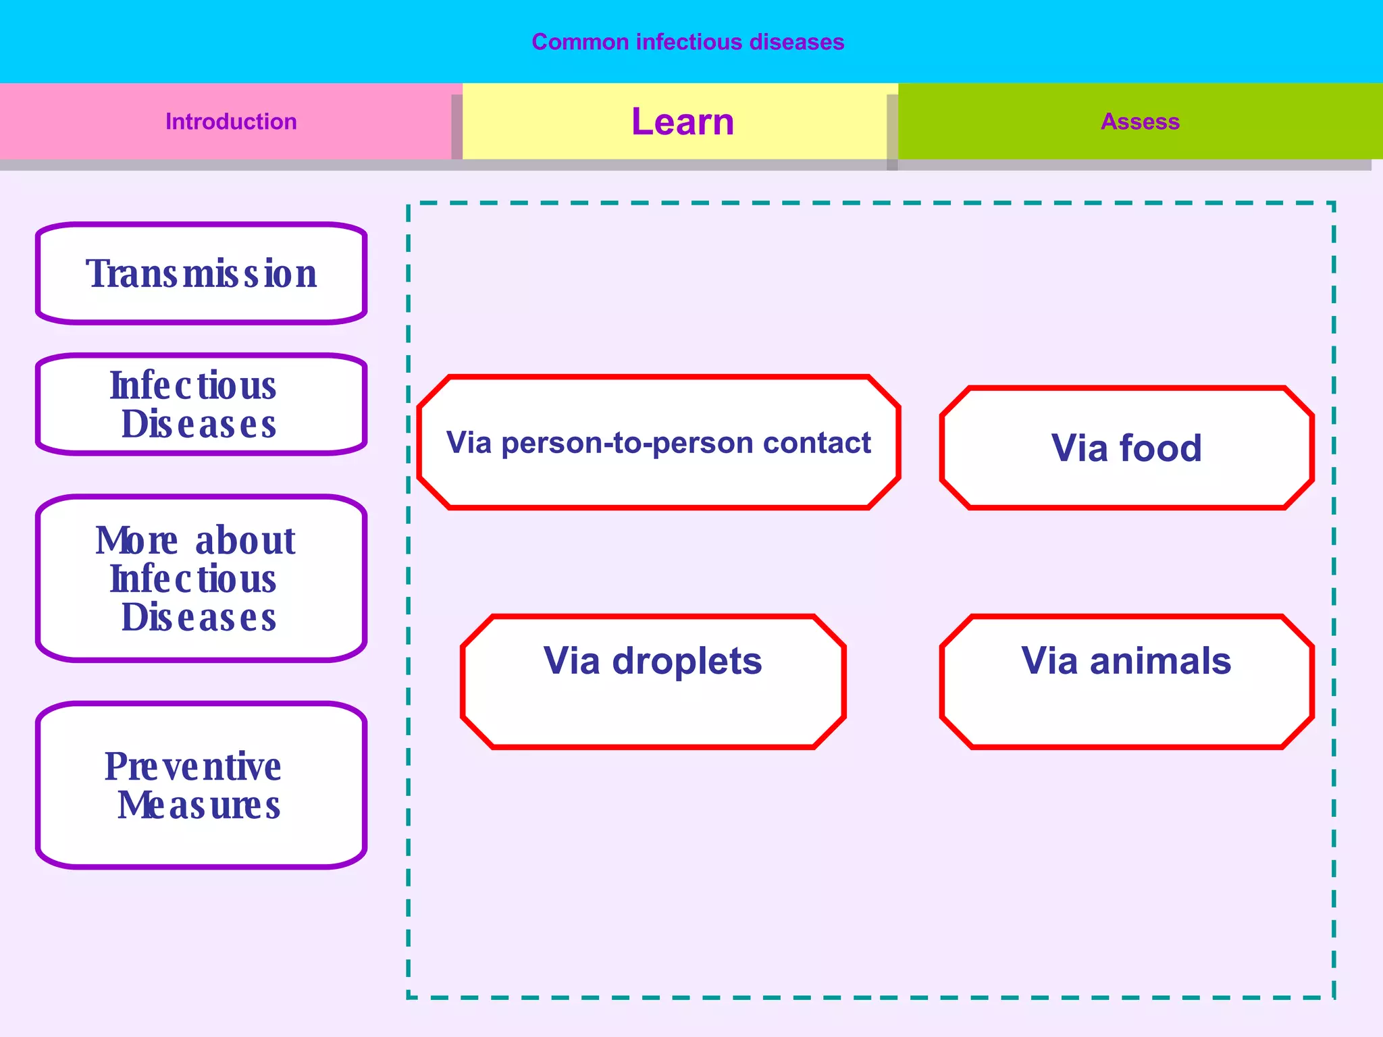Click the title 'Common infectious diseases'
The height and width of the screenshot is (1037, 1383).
(687, 42)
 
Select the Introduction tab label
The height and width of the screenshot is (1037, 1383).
(231, 122)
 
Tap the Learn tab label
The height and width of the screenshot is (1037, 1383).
(682, 122)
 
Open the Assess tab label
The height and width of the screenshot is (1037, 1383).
(1140, 122)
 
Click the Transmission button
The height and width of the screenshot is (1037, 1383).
(201, 273)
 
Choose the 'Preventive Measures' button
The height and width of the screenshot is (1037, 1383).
(201, 785)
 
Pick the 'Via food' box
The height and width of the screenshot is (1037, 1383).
(1126, 448)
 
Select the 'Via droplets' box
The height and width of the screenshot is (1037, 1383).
(653, 682)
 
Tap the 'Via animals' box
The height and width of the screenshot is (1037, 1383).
(1126, 682)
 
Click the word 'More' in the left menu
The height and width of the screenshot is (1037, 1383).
(136, 541)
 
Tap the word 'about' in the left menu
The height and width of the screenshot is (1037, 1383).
(245, 541)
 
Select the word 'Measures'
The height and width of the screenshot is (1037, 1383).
(199, 805)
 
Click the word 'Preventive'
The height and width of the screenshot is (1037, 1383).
(192, 767)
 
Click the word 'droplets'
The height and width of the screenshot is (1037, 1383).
(687, 661)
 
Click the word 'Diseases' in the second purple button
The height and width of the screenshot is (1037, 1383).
(199, 425)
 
